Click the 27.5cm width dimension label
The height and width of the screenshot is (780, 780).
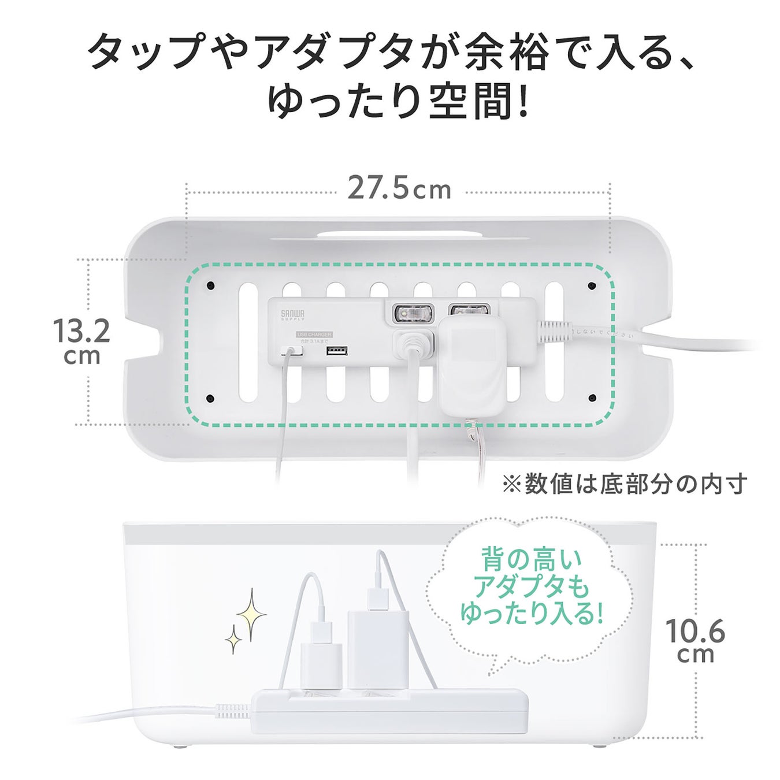tap(399, 190)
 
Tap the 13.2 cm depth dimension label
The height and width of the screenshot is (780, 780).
tap(81, 341)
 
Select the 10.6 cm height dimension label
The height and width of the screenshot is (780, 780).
tap(694, 640)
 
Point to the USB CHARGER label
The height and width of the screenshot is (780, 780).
tap(314, 335)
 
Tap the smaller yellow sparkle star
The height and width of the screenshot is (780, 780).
tap(233, 639)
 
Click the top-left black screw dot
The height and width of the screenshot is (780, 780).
tap(210, 285)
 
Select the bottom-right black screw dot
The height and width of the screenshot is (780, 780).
tap(592, 398)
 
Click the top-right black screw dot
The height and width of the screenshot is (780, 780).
tap(592, 285)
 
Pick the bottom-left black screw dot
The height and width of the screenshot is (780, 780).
tap(210, 398)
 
